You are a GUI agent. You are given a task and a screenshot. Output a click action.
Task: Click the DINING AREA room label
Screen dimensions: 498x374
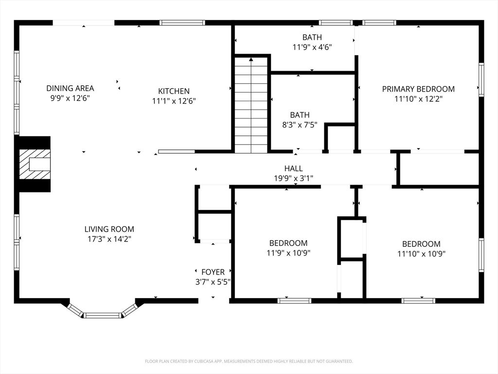[x=70, y=88]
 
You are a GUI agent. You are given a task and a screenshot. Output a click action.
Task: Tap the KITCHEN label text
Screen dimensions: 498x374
[x=174, y=91]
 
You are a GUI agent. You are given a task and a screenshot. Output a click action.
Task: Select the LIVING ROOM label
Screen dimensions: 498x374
[x=109, y=229]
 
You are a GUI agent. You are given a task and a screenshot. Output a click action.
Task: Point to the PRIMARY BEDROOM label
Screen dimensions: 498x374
[x=418, y=89]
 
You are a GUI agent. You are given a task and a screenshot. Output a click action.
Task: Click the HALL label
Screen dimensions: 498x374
[x=293, y=168]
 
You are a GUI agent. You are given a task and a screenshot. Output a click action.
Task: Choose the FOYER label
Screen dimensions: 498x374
[x=213, y=272]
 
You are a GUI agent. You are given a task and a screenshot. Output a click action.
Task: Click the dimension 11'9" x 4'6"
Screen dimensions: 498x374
[x=312, y=47]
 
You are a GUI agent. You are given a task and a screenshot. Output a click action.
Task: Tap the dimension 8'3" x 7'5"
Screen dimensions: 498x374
[x=300, y=125]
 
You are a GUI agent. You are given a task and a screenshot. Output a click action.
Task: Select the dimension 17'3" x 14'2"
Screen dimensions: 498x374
[x=109, y=239]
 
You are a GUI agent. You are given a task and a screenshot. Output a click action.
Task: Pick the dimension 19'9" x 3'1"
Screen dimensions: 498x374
[x=293, y=178]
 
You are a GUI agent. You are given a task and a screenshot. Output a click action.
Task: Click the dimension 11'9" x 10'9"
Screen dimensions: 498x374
[x=288, y=253]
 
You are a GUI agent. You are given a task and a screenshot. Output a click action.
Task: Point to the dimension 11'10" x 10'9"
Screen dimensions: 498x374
[x=421, y=254]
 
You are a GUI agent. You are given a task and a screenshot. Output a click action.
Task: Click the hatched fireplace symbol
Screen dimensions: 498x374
[x=35, y=164]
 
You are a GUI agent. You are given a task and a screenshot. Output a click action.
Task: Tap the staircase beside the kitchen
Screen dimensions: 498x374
[x=251, y=105]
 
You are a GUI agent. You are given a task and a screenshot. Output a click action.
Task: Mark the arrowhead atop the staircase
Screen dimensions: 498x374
[x=251, y=59]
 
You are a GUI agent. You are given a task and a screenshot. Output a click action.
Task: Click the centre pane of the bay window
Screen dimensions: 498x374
[x=103, y=316]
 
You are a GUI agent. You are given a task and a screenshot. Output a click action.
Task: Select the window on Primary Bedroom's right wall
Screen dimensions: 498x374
[x=481, y=79]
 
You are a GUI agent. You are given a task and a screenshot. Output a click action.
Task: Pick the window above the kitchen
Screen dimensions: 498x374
[x=182, y=22]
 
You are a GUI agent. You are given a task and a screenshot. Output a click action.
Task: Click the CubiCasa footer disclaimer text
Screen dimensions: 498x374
[x=249, y=361]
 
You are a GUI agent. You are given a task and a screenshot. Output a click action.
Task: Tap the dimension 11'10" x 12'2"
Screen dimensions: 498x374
[x=418, y=99]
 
